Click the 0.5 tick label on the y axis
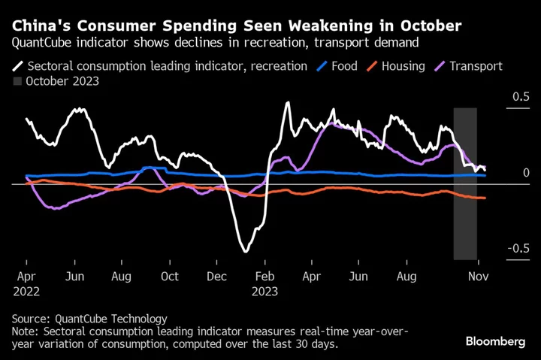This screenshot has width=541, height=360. (521, 97)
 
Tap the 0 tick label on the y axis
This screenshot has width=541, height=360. (526, 173)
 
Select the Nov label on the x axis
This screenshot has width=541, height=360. (478, 276)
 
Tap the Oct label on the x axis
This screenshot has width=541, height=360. (170, 276)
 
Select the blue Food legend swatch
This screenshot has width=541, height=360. (322, 66)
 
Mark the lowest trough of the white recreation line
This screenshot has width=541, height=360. (245, 251)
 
